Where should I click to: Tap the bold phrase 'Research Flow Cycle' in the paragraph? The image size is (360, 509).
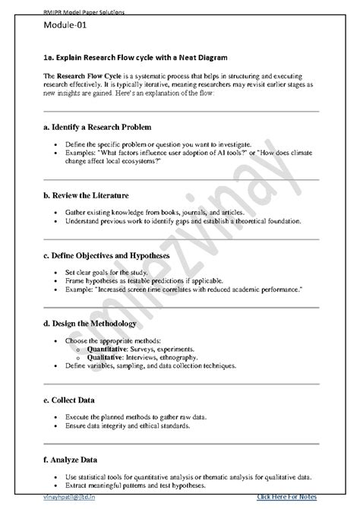tap(86, 78)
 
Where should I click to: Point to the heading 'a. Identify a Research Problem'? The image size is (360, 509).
tap(108, 125)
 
